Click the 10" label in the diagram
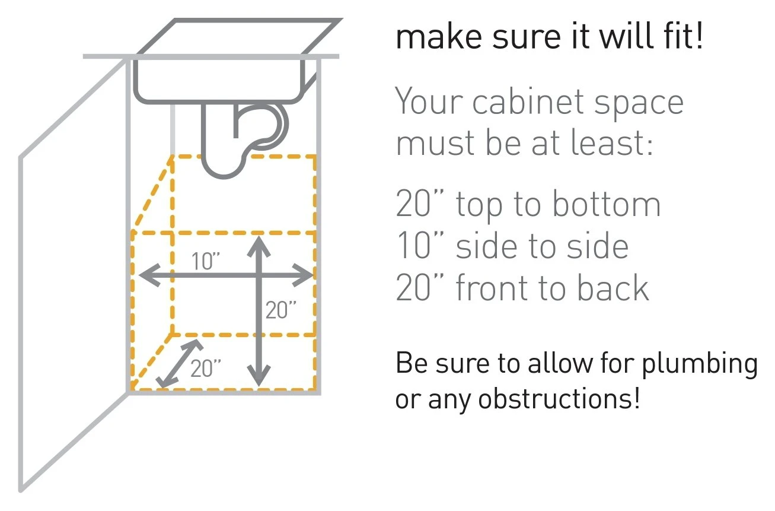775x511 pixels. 206,261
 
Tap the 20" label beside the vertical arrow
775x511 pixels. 281,310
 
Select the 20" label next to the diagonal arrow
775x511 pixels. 206,369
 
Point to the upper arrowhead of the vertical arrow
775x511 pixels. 259,246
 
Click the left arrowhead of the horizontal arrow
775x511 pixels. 149,275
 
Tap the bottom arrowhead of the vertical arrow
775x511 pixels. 259,376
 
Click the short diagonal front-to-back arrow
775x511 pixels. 180,363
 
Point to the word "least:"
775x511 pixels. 611,142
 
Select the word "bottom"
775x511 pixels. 607,204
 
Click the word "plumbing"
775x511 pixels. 700,364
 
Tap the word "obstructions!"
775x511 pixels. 559,399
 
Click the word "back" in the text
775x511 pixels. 614,287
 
